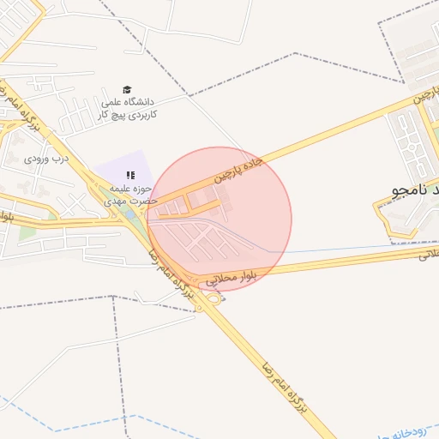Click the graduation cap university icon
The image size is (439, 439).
[x=127, y=90]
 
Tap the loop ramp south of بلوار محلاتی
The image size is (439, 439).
[x=212, y=298]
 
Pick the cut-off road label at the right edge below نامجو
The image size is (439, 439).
[x=428, y=255]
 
